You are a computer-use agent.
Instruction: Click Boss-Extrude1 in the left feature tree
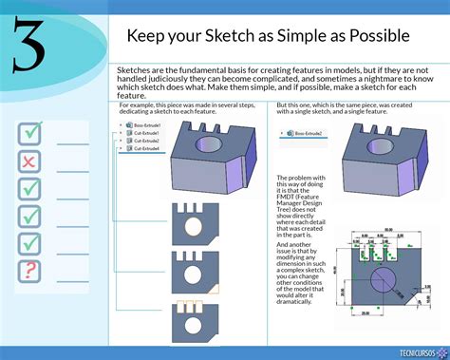click(x=146, y=125)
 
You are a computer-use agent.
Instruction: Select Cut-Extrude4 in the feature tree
click(x=146, y=148)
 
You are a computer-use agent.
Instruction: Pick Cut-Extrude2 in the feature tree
click(x=146, y=141)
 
